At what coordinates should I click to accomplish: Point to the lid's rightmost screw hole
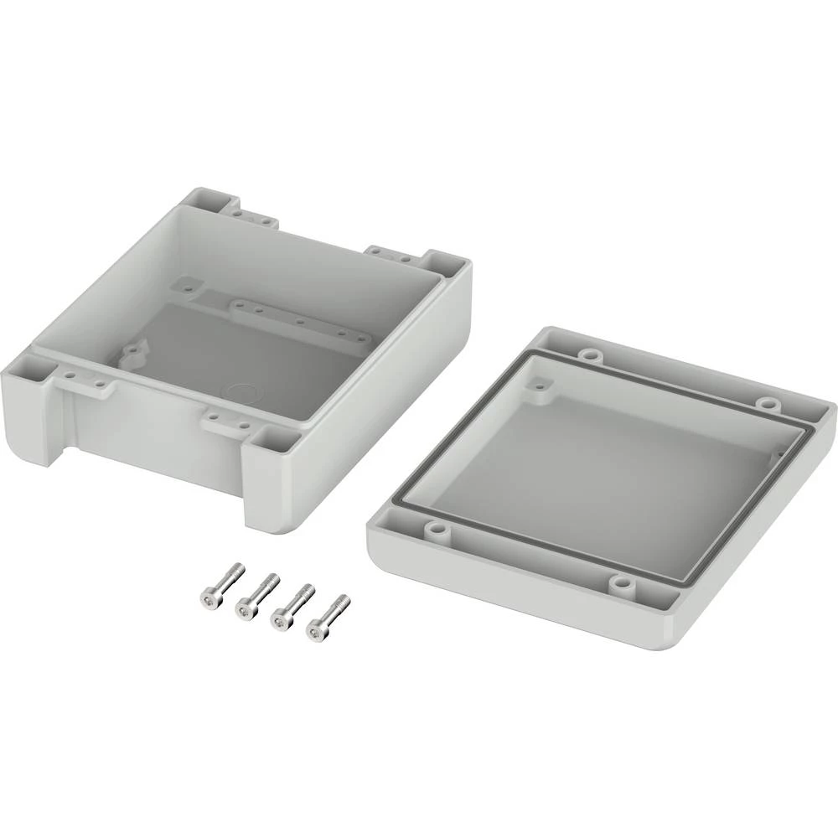pos(765,403)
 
